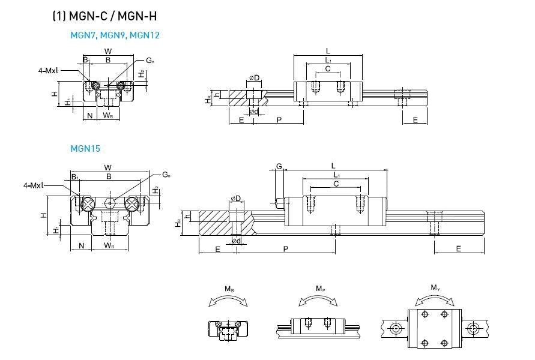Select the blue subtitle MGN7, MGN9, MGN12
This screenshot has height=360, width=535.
pyautogui.click(x=115, y=35)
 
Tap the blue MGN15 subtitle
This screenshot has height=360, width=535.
pyautogui.click(x=85, y=148)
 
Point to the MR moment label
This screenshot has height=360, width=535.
pyautogui.click(x=229, y=289)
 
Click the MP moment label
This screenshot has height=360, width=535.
pyautogui.click(x=320, y=289)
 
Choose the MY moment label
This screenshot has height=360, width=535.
pyautogui.click(x=435, y=288)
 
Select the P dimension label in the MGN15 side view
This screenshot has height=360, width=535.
pyautogui.click(x=286, y=248)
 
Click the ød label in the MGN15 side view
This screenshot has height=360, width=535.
pyautogui.click(x=237, y=241)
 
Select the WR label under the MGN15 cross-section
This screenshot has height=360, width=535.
pyautogui.click(x=109, y=245)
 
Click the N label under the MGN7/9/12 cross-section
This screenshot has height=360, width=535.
pyautogui.click(x=89, y=115)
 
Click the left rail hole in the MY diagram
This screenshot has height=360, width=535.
pyautogui.click(x=396, y=328)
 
